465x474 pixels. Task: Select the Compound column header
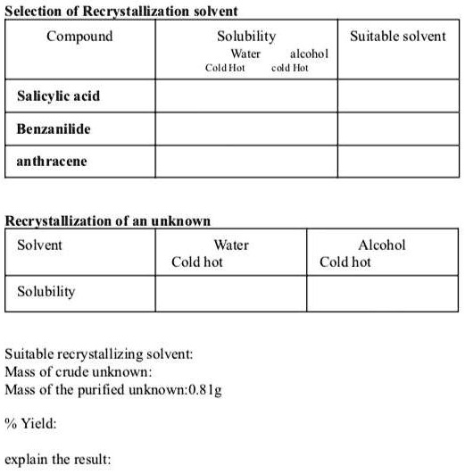coord(79,37)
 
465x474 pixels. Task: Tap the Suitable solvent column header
coord(397,37)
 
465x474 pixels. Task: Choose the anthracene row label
coord(51,162)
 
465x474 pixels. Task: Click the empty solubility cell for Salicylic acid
coord(246,96)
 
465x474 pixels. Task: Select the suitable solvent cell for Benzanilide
coord(397,129)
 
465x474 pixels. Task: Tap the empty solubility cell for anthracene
coord(246,162)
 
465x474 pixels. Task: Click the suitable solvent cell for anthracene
coord(397,162)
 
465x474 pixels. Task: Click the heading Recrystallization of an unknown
coord(108,220)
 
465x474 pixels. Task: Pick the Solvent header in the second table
coord(40,245)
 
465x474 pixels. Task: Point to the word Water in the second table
coord(231,245)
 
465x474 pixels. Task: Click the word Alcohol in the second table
coord(381,245)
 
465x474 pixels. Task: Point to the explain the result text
coord(58,460)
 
